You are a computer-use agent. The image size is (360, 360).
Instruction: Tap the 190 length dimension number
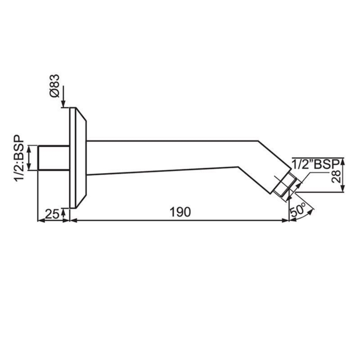(x=180, y=212)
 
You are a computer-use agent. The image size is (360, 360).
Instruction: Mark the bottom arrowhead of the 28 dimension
(x=343, y=189)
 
